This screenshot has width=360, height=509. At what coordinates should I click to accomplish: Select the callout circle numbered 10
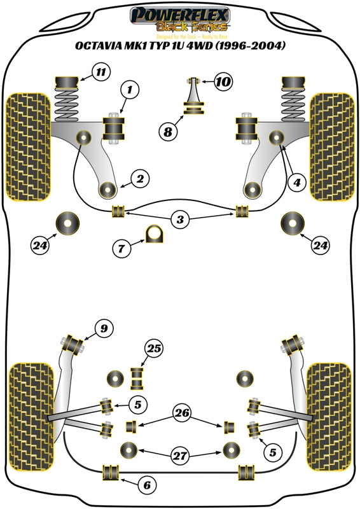coord(224,81)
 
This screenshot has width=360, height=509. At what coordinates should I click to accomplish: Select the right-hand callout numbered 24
coord(321,244)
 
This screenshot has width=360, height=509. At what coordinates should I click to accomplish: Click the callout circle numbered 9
coord(102,328)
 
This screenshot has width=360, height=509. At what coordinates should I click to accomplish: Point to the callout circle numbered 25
coord(153,348)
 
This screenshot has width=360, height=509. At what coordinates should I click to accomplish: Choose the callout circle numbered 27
coord(181,456)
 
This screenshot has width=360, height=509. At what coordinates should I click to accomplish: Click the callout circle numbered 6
coord(147,485)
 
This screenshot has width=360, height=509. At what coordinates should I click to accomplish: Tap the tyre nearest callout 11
coord(28,146)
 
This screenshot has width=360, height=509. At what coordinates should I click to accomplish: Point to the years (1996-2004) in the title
coord(249,46)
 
